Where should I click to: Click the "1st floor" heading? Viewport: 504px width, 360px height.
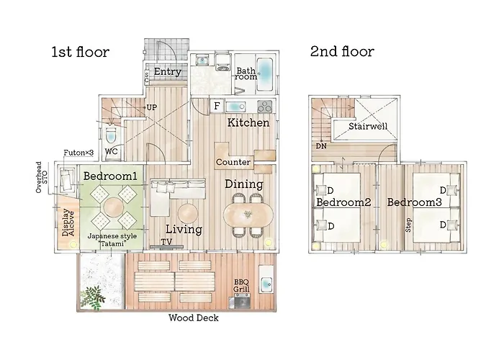pyautogui.click(x=81, y=52)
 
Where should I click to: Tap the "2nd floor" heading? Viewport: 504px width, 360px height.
pyautogui.click(x=342, y=51)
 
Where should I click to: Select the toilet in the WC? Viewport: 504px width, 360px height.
pyautogui.click(x=111, y=135)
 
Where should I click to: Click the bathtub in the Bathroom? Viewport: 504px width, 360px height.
pyautogui.click(x=265, y=75)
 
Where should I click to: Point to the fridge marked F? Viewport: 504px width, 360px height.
pyautogui.click(x=217, y=106)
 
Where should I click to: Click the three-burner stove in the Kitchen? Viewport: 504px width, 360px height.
pyautogui.click(x=265, y=107)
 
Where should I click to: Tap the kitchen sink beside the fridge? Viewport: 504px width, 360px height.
pyautogui.click(x=236, y=107)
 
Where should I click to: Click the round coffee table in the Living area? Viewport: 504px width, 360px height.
pyautogui.click(x=188, y=213)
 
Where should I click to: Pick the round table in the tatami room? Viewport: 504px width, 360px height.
pyautogui.click(x=112, y=207)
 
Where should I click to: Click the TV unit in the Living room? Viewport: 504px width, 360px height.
pyautogui.click(x=166, y=247)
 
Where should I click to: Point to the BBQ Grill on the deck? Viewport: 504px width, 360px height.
pyautogui.click(x=240, y=302)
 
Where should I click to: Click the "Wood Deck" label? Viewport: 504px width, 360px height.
pyautogui.click(x=194, y=318)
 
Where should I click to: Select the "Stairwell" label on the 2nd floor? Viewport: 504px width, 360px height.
pyautogui.click(x=368, y=126)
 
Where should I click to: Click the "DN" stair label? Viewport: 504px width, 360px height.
pyautogui.click(x=321, y=146)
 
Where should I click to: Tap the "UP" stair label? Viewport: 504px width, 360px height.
pyautogui.click(x=152, y=107)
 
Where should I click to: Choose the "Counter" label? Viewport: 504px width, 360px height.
pyautogui.click(x=233, y=162)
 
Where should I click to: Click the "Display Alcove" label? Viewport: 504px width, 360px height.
pyautogui.click(x=68, y=222)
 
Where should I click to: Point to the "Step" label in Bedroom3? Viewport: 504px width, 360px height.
pyautogui.click(x=408, y=225)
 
